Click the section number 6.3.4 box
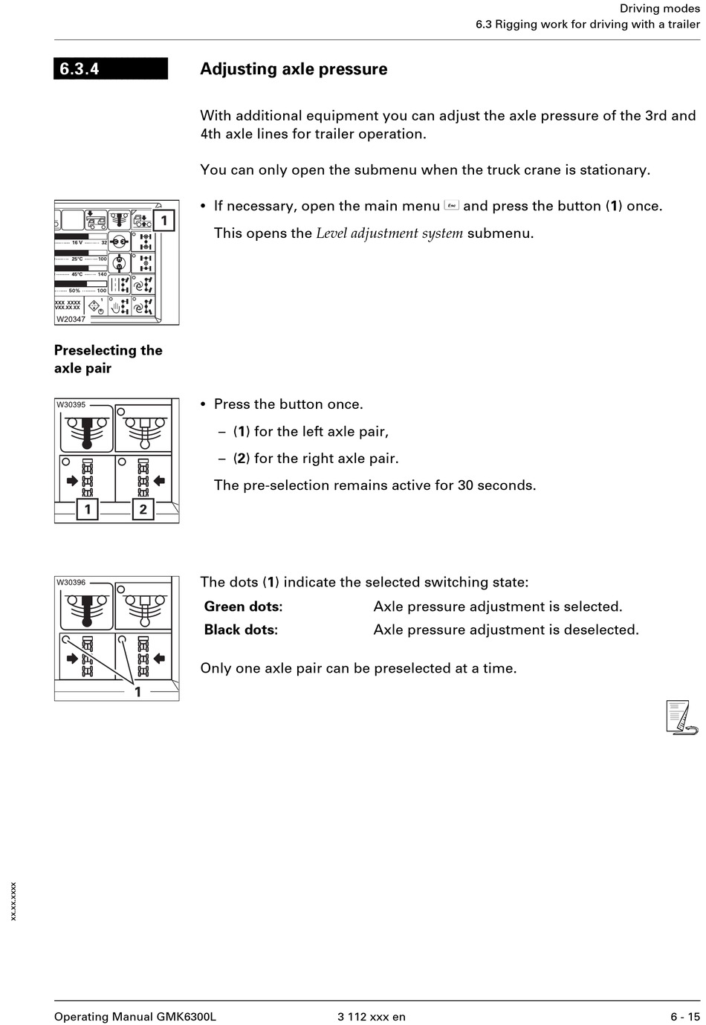click(111, 68)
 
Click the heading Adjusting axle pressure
click(294, 69)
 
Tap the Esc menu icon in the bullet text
click(451, 205)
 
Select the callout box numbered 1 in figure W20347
click(164, 220)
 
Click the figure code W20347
click(71, 319)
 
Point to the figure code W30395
click(71, 404)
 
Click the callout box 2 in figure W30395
click(143, 509)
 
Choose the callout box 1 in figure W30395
click(88, 509)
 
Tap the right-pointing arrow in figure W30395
click(72, 481)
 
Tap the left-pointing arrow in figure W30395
click(159, 481)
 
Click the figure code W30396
click(71, 582)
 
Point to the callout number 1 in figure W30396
click(137, 691)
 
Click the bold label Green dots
click(242, 607)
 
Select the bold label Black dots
click(240, 630)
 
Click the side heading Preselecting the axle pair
click(108, 359)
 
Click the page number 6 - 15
click(684, 1016)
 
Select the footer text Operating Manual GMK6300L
click(135, 1016)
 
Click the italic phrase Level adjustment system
click(389, 233)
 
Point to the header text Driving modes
click(659, 8)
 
